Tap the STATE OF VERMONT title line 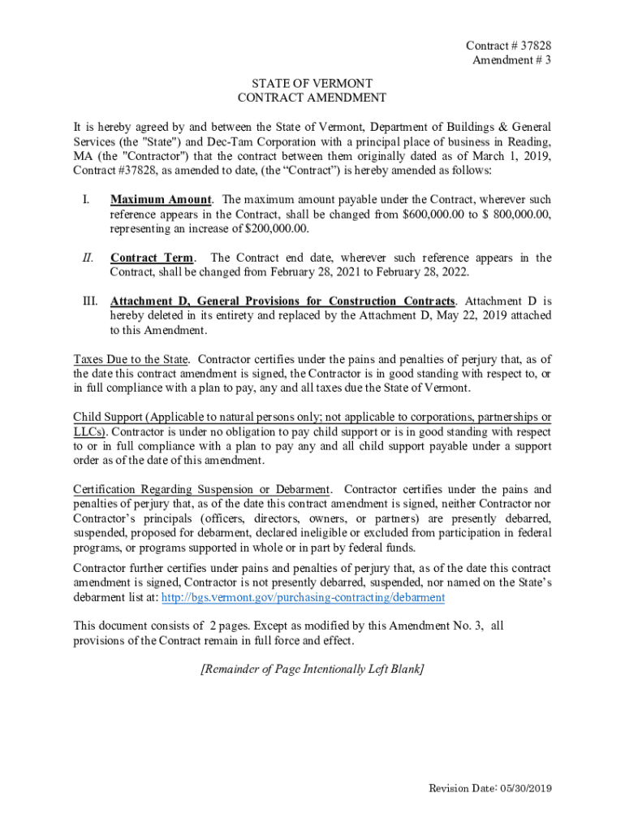pos(312,84)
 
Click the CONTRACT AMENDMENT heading pos(312,98)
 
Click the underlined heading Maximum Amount pos(161,200)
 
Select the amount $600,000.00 pos(435,214)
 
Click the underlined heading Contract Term pos(152,258)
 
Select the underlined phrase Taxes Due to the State pos(131,359)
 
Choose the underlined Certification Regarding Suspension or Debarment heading pos(201,490)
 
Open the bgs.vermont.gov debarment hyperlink pos(304,597)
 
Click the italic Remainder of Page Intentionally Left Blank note pos(312,669)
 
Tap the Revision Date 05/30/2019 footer pos(489,789)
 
